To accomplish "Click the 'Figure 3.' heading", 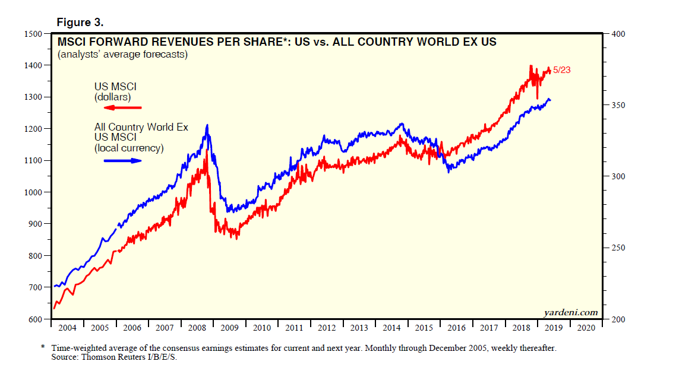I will [80, 22].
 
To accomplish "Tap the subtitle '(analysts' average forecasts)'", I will [122, 55].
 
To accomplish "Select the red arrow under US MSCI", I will [118, 107].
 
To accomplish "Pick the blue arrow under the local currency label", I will [118, 160].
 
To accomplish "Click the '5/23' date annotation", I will [562, 70].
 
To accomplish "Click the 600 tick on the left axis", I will [34, 319].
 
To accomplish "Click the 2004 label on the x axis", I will [67, 328].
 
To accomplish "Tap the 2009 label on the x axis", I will [229, 328].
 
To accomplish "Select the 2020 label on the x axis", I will [586, 328].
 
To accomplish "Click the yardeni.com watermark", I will [570, 312].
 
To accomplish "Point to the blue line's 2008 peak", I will [207, 125].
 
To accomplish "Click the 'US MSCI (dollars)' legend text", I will [115, 92].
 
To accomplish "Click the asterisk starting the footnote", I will [43, 347].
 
